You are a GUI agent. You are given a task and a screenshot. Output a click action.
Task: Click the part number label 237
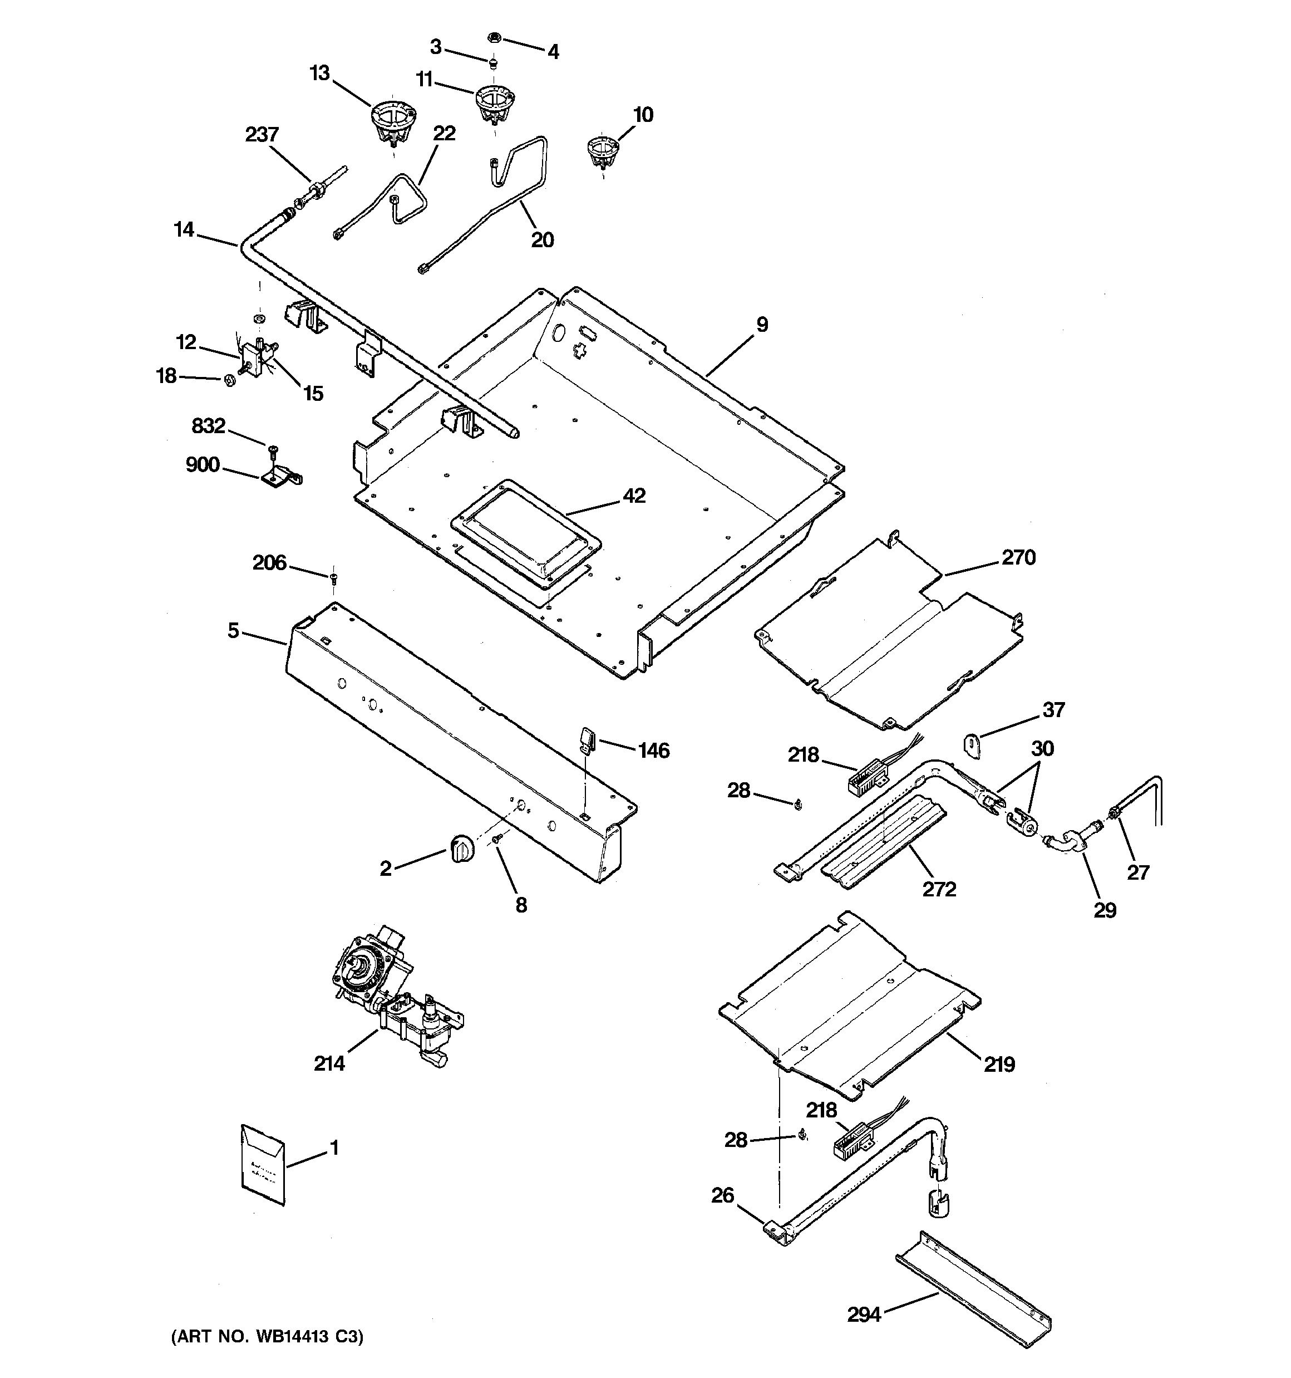262,135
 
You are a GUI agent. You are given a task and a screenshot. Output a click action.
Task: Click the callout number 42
633,496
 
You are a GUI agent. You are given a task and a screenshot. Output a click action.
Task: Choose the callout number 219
998,1064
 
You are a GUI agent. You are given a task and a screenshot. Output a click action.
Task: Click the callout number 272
939,889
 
